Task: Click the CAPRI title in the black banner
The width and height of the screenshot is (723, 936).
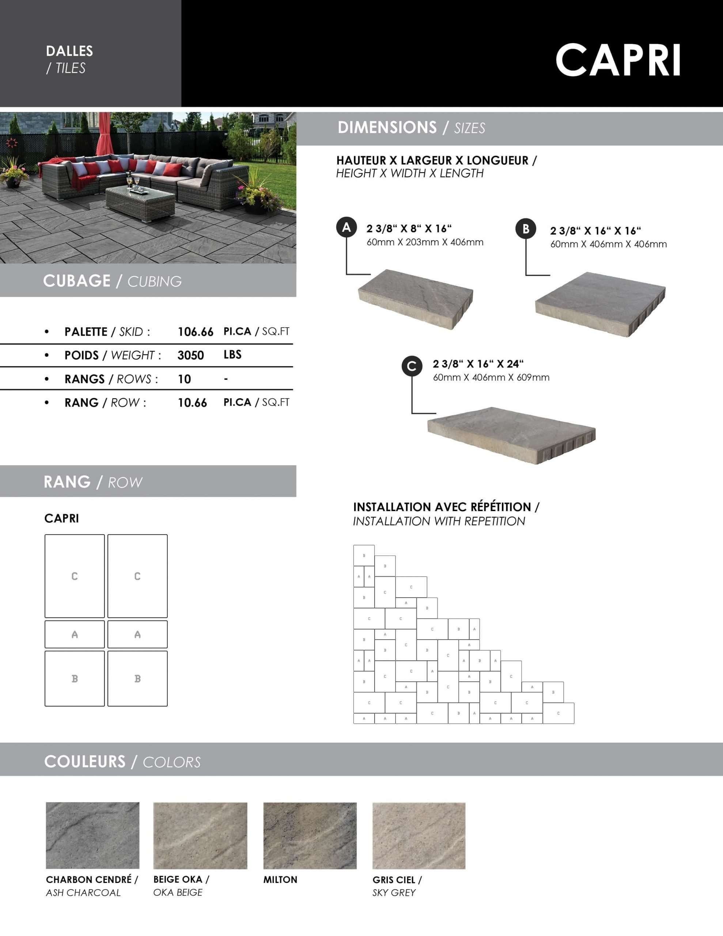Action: click(x=618, y=60)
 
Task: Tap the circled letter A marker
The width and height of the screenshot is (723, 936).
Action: click(x=346, y=227)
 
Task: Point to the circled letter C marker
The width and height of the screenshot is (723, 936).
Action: click(x=412, y=366)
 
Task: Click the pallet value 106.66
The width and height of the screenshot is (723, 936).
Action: click(x=196, y=332)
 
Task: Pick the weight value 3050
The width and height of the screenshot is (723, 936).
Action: click(x=191, y=355)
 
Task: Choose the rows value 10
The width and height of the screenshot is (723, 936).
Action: click(x=184, y=379)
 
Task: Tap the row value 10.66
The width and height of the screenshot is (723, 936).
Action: click(x=192, y=403)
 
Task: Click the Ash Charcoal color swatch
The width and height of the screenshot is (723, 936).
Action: click(x=92, y=835)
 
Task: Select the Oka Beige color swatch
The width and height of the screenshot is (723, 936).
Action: click(x=200, y=835)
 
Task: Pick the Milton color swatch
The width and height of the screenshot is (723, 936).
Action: click(x=310, y=835)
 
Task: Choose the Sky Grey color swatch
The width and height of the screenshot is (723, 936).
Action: click(x=419, y=835)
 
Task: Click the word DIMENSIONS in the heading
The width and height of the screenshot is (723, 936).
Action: click(x=387, y=127)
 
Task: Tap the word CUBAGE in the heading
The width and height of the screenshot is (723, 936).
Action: click(x=77, y=281)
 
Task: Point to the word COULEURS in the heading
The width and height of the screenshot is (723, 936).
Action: click(x=85, y=762)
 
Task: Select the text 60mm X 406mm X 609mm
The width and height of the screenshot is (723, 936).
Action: click(x=491, y=378)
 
